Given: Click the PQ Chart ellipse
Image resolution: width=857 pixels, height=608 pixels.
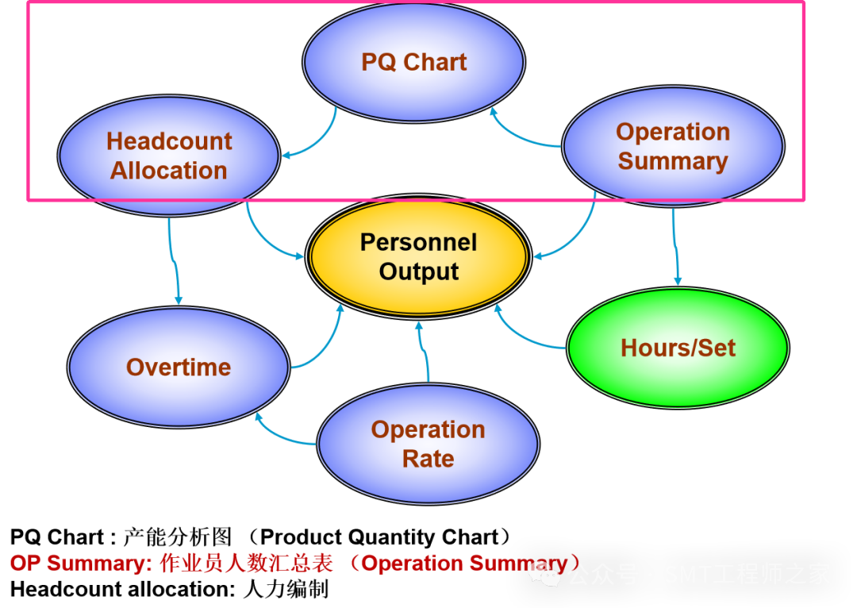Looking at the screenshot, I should click(x=413, y=62).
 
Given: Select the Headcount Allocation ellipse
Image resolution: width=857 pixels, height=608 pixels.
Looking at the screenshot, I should click(x=169, y=156).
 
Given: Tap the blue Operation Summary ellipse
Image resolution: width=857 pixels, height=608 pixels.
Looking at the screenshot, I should click(x=673, y=146).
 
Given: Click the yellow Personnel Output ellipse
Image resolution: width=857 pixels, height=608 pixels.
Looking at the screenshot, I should click(x=418, y=256).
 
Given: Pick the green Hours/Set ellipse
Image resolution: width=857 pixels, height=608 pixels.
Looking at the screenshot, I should click(x=678, y=348).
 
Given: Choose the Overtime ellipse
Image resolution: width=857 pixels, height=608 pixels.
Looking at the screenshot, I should click(x=179, y=367).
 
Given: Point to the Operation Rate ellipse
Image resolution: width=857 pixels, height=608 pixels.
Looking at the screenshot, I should click(x=428, y=444).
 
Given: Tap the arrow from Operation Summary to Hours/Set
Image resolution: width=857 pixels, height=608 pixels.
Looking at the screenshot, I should click(x=675, y=246).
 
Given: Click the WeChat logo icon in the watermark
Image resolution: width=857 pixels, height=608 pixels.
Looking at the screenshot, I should click(x=544, y=573).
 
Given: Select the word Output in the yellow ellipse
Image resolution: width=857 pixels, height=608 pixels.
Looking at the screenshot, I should click(x=419, y=272).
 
